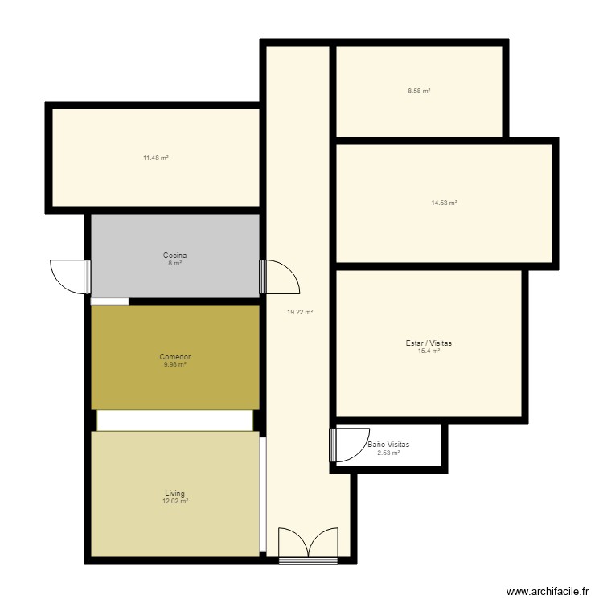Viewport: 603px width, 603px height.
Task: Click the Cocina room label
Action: click(x=174, y=256)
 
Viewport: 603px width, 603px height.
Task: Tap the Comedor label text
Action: click(x=174, y=356)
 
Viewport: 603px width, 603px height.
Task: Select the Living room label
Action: click(x=174, y=494)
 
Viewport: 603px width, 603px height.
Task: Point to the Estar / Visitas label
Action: click(x=429, y=343)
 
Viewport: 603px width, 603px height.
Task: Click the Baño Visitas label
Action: click(x=388, y=445)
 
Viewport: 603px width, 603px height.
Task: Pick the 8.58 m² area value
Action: click(x=419, y=92)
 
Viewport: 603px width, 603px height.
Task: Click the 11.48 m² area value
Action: click(x=155, y=158)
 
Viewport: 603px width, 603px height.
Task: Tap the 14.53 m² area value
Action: click(x=444, y=203)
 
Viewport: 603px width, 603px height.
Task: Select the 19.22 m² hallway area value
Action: click(x=300, y=312)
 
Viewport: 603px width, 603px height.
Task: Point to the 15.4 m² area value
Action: click(x=429, y=351)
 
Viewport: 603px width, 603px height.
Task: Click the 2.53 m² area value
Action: click(x=388, y=453)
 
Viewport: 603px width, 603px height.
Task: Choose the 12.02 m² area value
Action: click(x=174, y=502)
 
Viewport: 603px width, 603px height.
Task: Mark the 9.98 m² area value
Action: click(x=174, y=364)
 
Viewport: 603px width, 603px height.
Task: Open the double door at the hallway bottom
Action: click(x=308, y=544)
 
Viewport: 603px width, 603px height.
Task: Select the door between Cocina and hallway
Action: click(x=281, y=278)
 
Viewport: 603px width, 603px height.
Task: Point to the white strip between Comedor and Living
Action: click(x=174, y=420)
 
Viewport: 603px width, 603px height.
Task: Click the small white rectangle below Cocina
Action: click(x=109, y=301)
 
